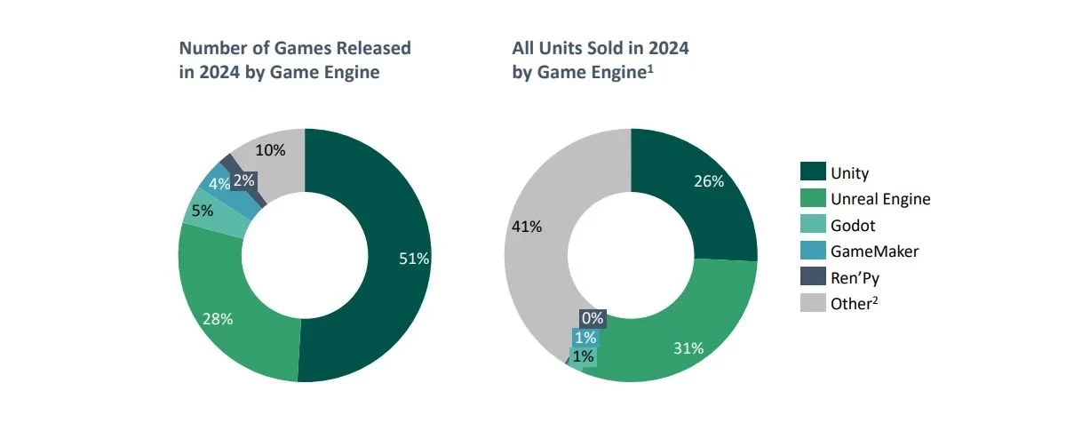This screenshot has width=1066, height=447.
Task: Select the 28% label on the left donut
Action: (x=218, y=319)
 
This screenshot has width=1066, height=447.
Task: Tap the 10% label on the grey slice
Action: (x=271, y=150)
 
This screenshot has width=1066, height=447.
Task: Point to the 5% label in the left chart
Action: (x=202, y=212)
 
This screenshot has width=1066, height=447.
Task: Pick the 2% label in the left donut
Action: (x=244, y=180)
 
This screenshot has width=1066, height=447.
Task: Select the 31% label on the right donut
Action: (x=688, y=348)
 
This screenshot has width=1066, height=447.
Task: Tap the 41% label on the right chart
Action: (x=528, y=226)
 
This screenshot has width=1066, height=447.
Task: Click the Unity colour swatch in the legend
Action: (x=813, y=172)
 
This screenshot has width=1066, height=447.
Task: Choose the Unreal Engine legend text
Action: (x=880, y=199)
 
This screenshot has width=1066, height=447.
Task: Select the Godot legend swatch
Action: (x=813, y=225)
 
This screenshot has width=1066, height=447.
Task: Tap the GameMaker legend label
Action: (x=874, y=251)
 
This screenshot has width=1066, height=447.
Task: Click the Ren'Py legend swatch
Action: (x=813, y=277)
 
